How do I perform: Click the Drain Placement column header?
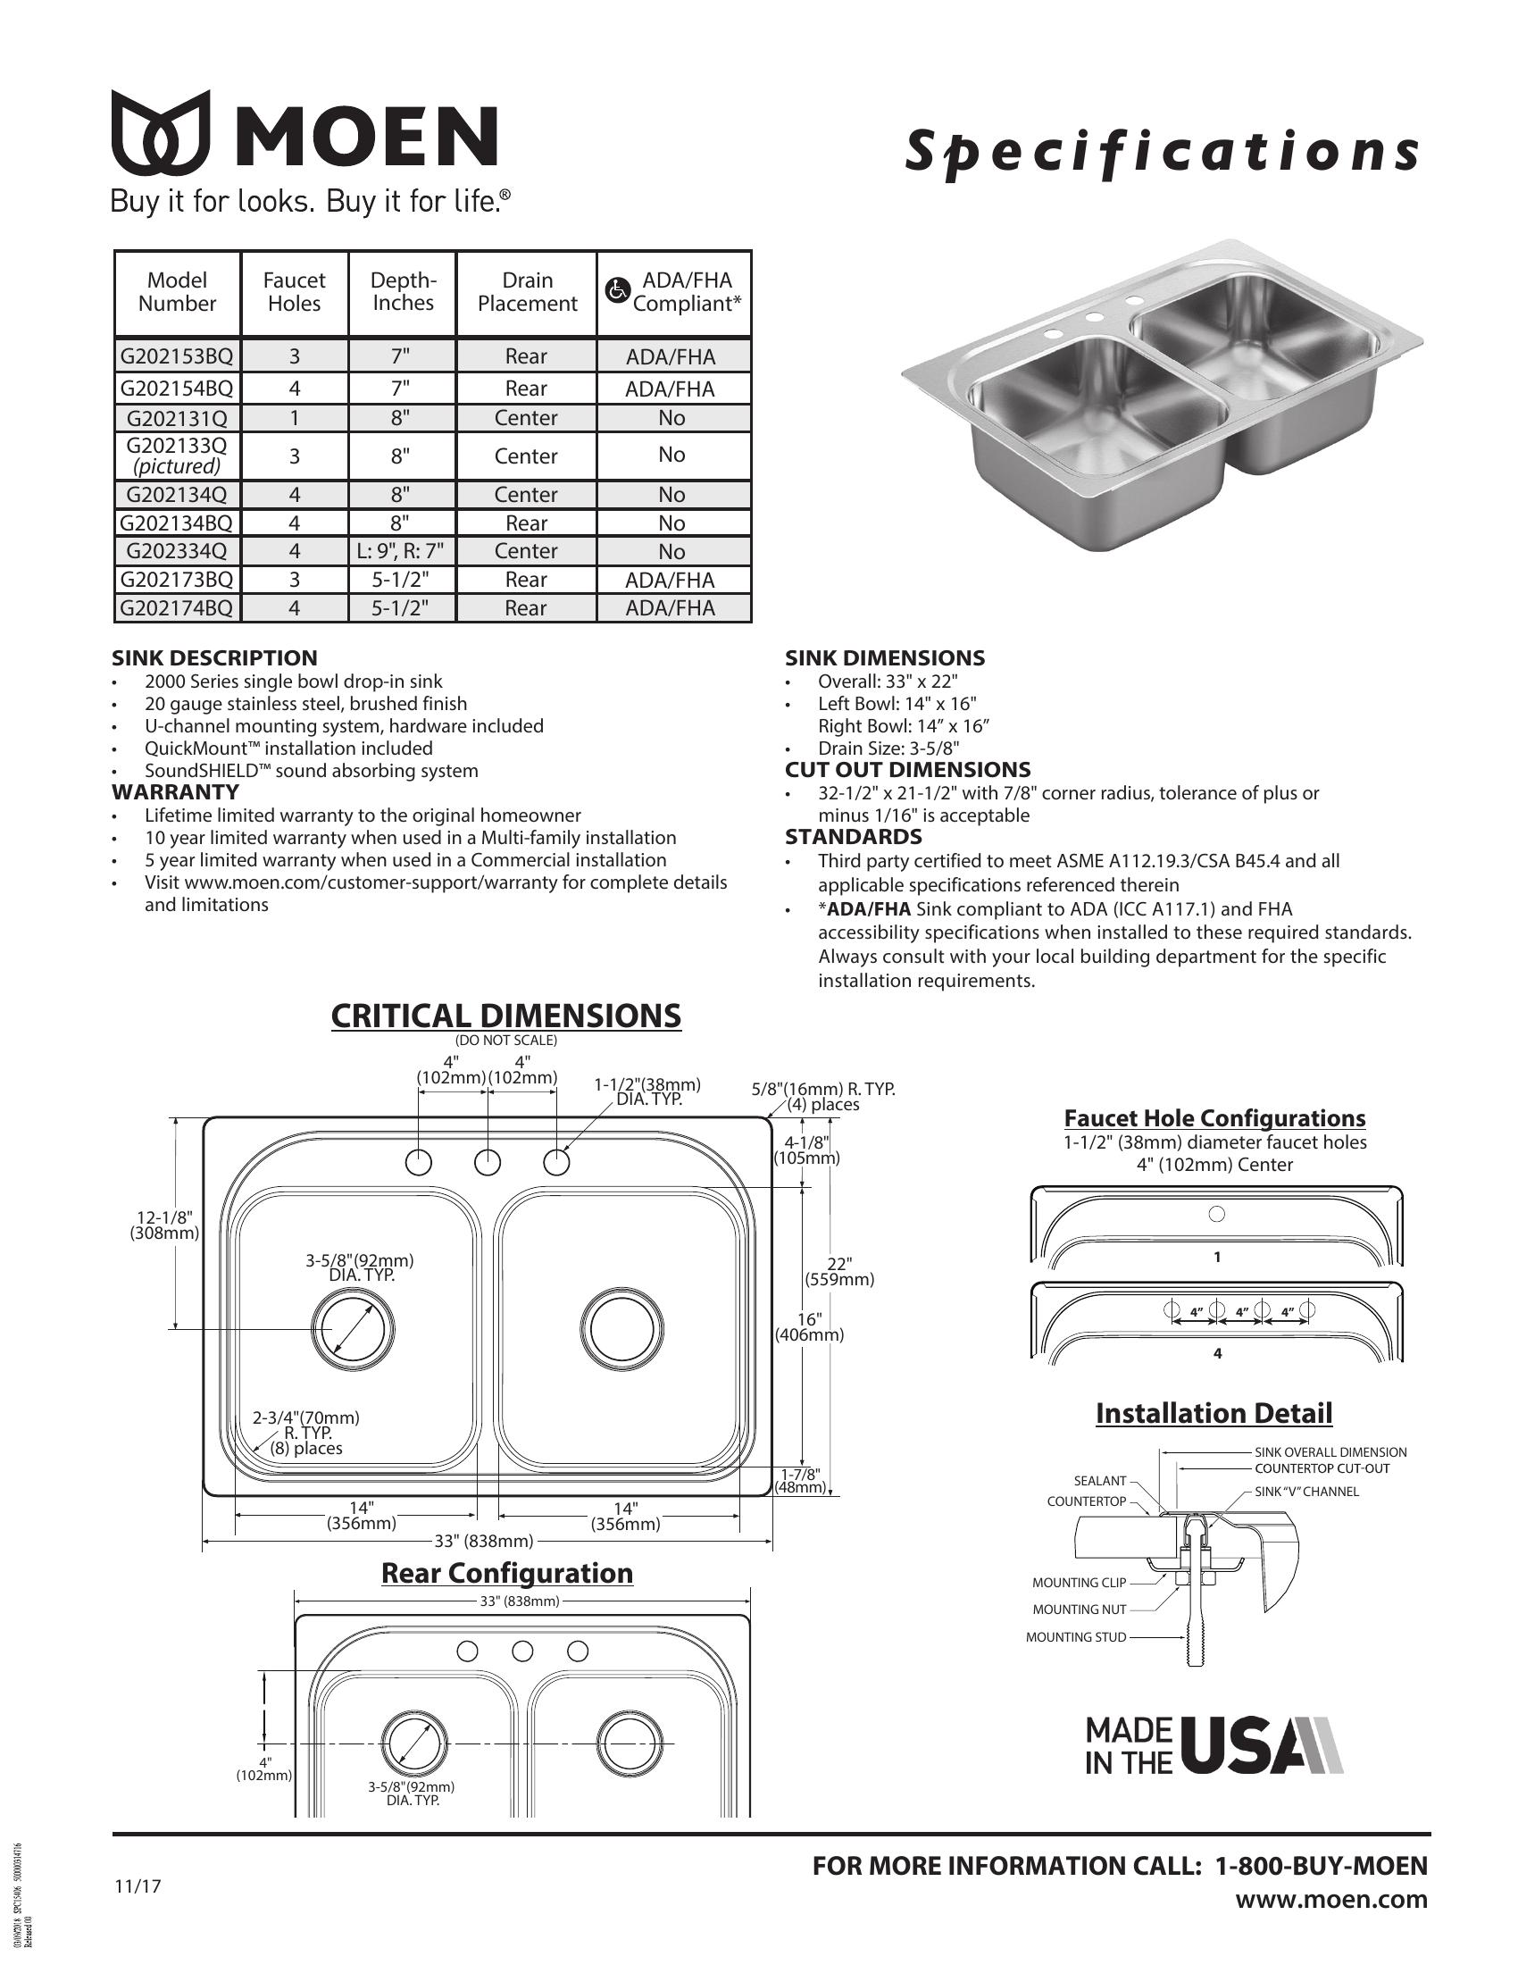pos(527,292)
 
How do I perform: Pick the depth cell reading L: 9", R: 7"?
pos(402,550)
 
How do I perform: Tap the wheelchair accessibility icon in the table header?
pos(616,290)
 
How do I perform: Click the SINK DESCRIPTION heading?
pos(214,657)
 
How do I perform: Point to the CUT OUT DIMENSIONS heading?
pos(907,770)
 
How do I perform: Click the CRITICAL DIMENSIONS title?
pos(505,1016)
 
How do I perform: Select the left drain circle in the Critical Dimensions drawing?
pos(352,1327)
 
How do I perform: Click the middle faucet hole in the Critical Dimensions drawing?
pos(488,1162)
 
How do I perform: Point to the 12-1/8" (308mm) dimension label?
pos(163,1225)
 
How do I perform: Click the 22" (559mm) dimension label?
pos(838,1270)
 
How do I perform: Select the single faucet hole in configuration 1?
pos(1217,1214)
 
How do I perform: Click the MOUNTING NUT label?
pos(1079,1610)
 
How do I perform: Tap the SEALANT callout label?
pos(1100,1481)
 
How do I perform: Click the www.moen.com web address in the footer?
pos(1331,1899)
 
